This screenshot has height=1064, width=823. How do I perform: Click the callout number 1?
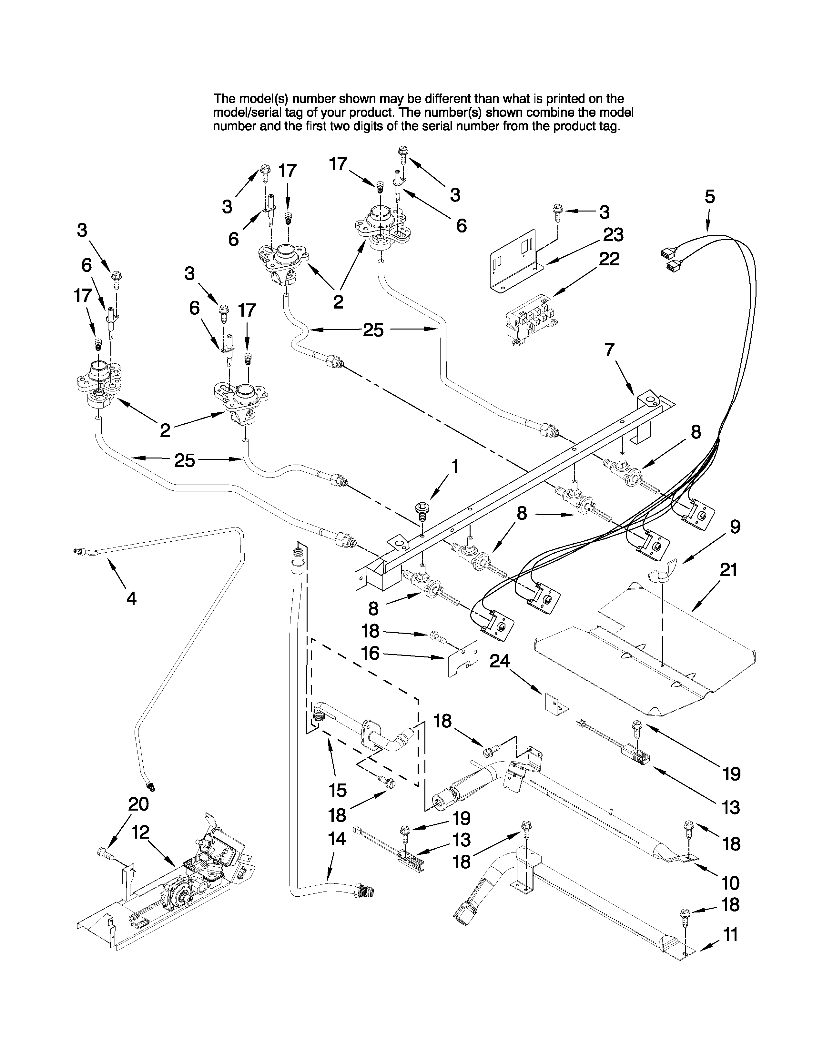tap(454, 467)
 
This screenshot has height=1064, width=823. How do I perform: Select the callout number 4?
tap(131, 598)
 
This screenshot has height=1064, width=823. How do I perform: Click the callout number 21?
tap(728, 570)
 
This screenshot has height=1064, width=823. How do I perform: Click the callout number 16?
tap(371, 653)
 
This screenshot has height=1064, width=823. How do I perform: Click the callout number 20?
tap(138, 804)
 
